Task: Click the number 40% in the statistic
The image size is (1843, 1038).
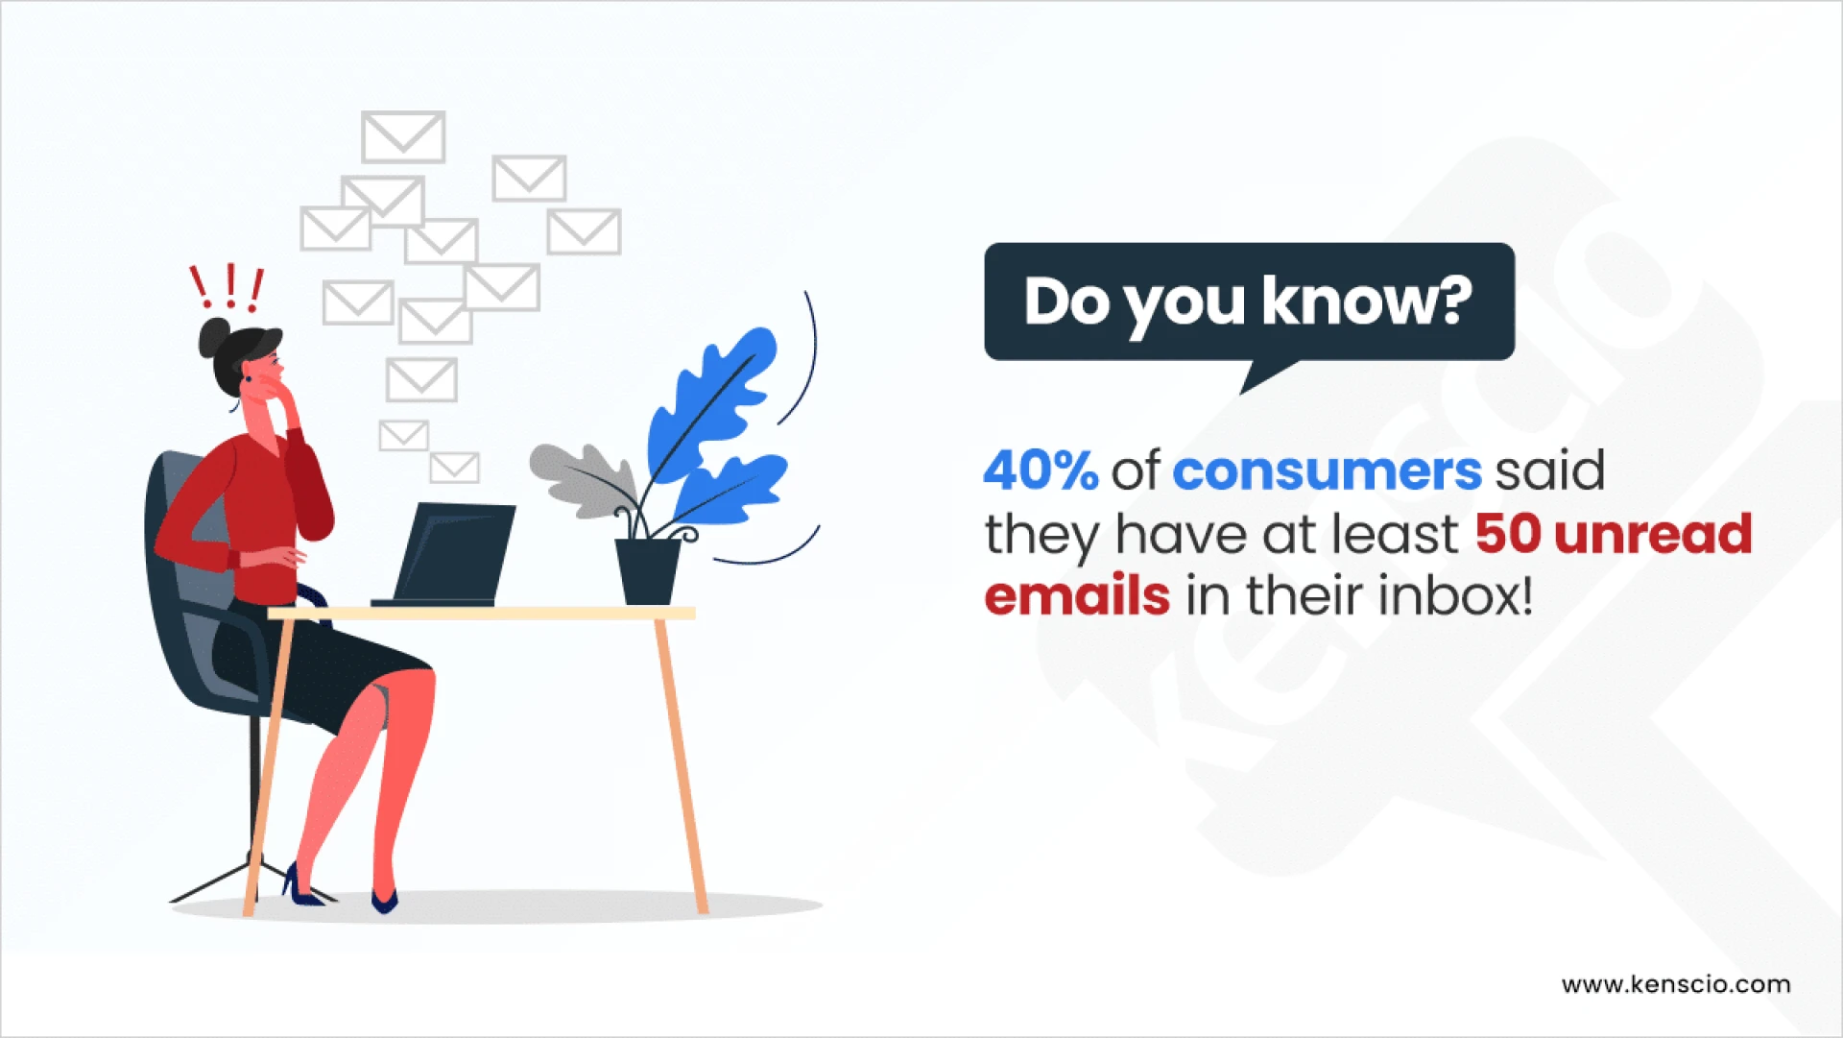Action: [x=1041, y=471]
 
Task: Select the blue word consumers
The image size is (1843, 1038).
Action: [x=1328, y=471]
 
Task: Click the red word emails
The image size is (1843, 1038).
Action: [x=1077, y=596]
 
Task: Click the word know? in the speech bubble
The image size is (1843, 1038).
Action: [x=1367, y=302]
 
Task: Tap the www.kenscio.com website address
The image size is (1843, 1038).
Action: [x=1675, y=984]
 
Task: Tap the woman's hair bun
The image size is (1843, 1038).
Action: [x=213, y=337]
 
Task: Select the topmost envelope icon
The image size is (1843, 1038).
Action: [x=403, y=136]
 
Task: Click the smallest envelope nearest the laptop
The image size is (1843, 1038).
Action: [x=454, y=468]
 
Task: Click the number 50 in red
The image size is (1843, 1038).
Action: [x=1507, y=534]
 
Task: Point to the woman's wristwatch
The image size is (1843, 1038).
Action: [x=233, y=559]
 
